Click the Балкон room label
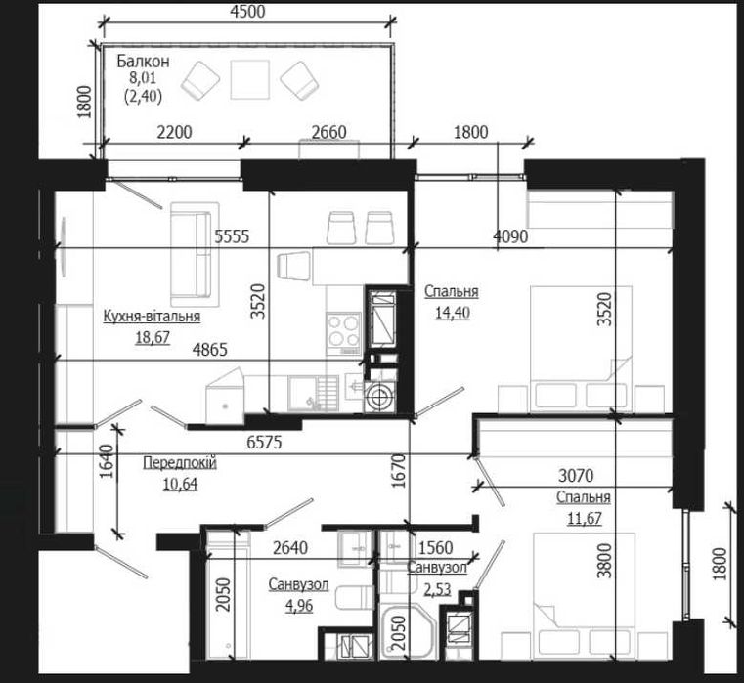tap(143, 62)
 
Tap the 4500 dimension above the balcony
tap(247, 12)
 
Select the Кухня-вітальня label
tap(152, 316)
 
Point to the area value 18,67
tap(153, 337)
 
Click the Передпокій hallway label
tap(180, 462)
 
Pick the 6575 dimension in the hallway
tap(264, 443)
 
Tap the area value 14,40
tap(453, 313)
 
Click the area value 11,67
tap(585, 518)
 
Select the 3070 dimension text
tap(576, 475)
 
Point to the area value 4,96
tap(299, 606)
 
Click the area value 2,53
tap(437, 589)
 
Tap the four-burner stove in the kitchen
tap(343, 331)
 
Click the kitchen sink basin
tap(303, 393)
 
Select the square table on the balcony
tap(249, 80)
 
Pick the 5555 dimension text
tap(232, 235)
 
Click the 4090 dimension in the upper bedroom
tap(510, 235)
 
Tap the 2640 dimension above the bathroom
tap(290, 548)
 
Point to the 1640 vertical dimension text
tap(109, 461)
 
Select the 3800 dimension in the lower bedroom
tap(604, 561)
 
